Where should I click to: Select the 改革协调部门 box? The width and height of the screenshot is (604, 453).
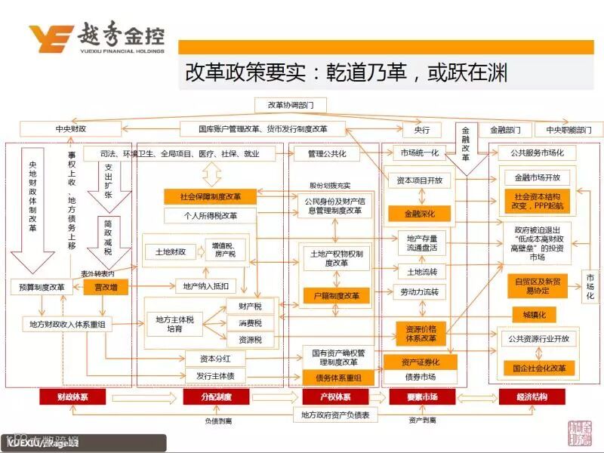pyautogui.click(x=279, y=104)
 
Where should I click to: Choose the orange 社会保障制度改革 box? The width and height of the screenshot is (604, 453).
pyautogui.click(x=211, y=197)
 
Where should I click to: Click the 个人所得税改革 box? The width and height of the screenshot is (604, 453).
pyautogui.click(x=211, y=216)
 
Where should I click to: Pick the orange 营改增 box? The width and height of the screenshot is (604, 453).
pyautogui.click(x=106, y=288)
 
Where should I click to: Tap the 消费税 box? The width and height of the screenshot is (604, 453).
pyautogui.click(x=249, y=323)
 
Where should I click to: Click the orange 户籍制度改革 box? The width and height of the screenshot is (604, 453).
pyautogui.click(x=336, y=295)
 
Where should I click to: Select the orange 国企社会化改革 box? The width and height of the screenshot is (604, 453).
pyautogui.click(x=539, y=368)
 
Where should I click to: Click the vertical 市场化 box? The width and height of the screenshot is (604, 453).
pyautogui.click(x=590, y=287)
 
